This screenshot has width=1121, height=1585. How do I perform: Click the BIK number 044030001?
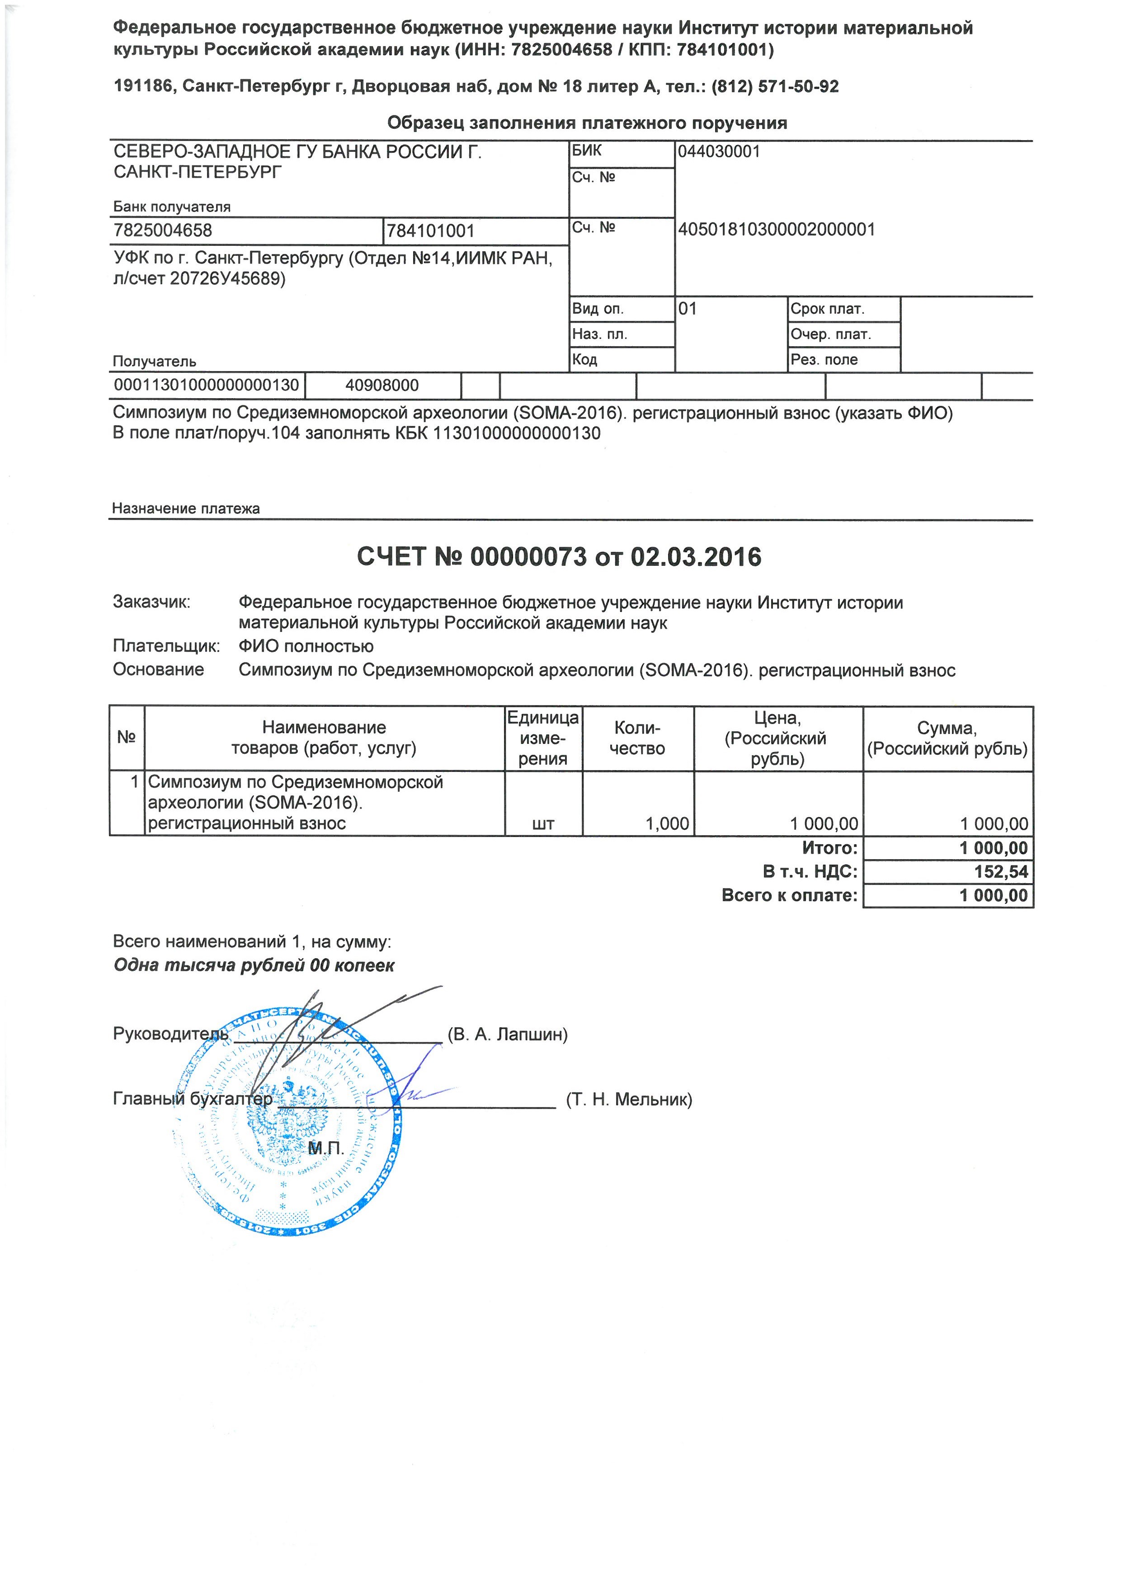point(719,152)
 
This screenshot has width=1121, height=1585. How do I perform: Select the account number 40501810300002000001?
point(777,230)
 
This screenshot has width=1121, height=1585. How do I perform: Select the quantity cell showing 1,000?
point(667,823)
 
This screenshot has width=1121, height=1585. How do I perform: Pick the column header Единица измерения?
point(543,738)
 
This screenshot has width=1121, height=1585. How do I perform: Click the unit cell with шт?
point(544,823)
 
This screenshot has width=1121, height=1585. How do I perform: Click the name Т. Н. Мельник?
point(629,1099)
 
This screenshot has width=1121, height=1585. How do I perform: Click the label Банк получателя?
point(172,207)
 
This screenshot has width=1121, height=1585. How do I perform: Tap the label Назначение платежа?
point(186,509)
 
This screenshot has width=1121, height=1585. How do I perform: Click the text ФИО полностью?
point(306,646)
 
